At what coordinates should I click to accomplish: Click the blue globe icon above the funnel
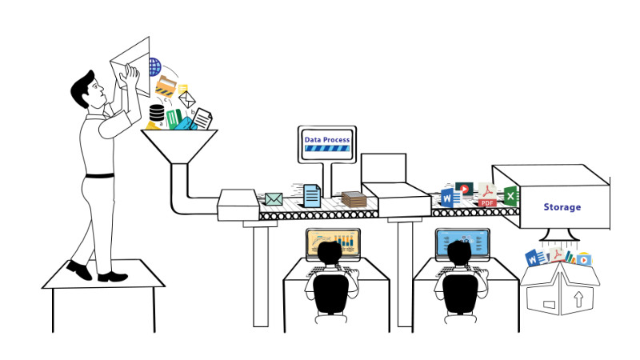(155, 67)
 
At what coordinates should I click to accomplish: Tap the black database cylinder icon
(157, 113)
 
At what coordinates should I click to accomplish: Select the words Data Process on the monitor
(327, 139)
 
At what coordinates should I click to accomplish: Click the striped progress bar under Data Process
(327, 149)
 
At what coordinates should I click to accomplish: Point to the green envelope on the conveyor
(274, 199)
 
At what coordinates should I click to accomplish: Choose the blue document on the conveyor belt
(312, 196)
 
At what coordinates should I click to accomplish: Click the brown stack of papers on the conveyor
(354, 199)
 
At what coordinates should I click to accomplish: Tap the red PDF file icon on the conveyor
(487, 194)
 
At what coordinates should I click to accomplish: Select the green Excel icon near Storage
(510, 195)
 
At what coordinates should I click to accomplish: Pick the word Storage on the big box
(562, 207)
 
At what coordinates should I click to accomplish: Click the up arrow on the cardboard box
(578, 299)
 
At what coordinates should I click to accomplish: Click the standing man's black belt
(99, 176)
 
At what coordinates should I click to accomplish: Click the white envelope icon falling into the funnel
(187, 99)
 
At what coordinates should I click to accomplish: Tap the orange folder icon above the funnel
(166, 86)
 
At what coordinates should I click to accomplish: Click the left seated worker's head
(330, 253)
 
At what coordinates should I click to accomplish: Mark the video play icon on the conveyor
(464, 189)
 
